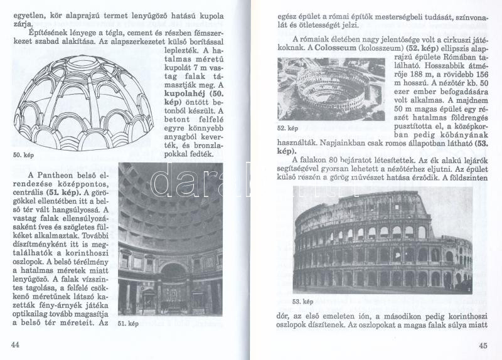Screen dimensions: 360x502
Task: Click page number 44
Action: (x=16, y=344)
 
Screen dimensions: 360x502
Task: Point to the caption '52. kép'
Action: (x=287, y=128)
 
